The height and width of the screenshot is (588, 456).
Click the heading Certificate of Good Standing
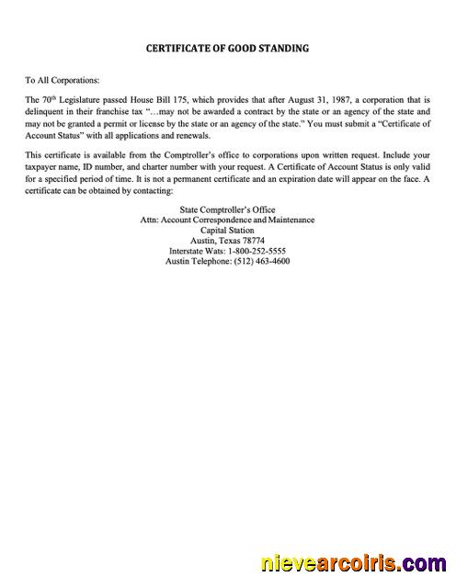[228, 48]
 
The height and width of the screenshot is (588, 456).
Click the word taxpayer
[48, 168]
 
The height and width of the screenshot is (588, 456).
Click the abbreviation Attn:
[150, 220]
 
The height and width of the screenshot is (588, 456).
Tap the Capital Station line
[227, 231]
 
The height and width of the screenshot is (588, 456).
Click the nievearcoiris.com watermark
[354, 562]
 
